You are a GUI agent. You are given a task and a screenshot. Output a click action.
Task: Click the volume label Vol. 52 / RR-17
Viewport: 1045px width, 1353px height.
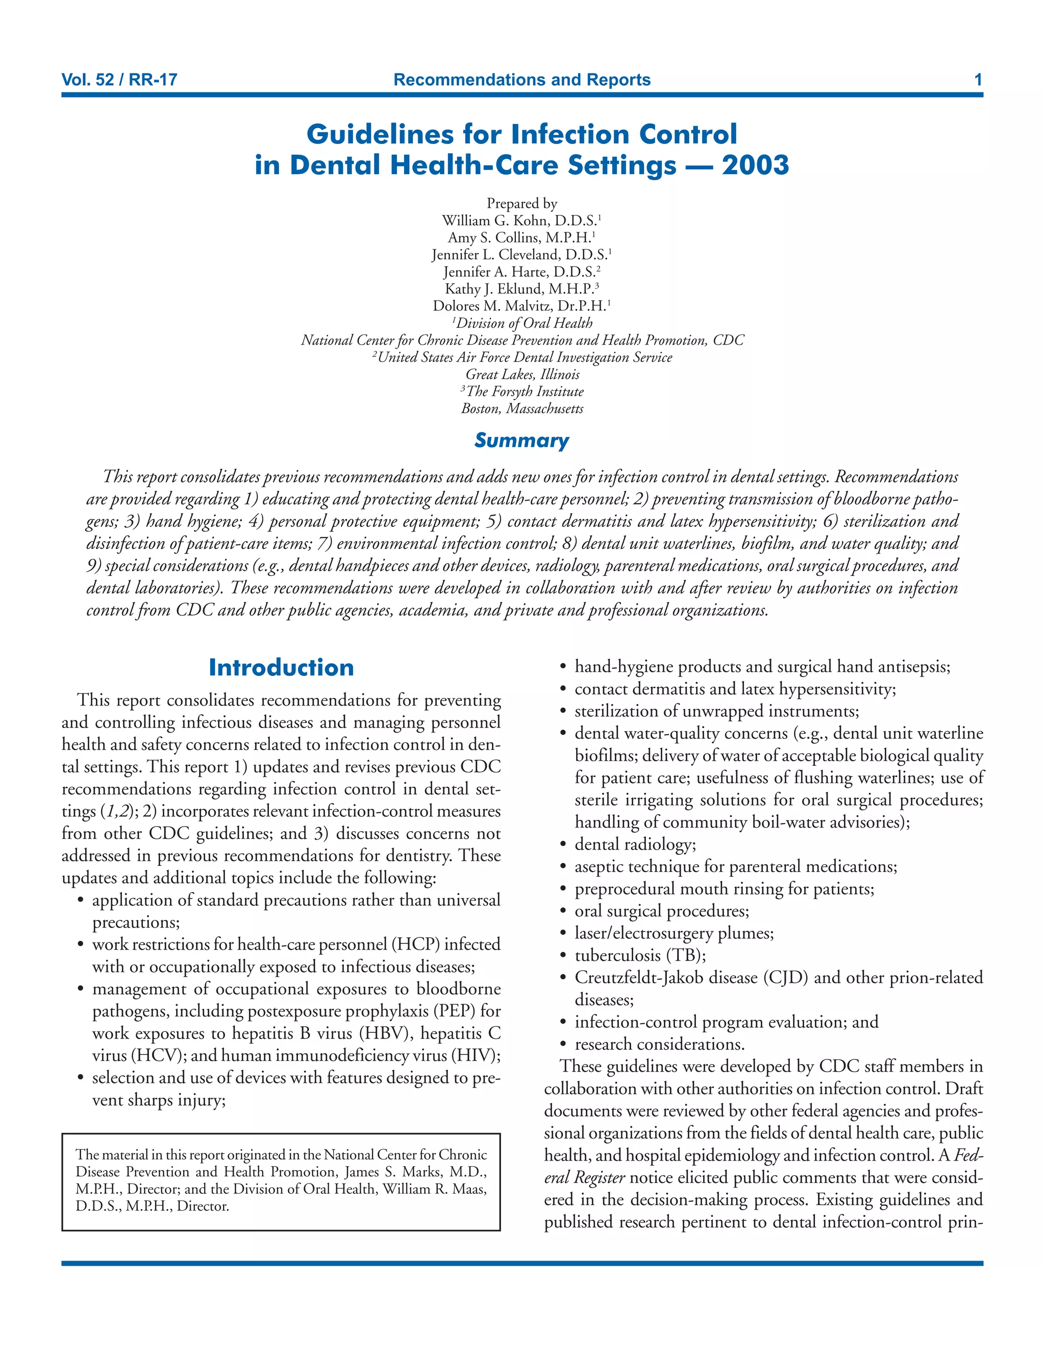119,80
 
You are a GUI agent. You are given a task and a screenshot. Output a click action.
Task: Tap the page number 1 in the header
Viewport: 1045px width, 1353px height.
978,80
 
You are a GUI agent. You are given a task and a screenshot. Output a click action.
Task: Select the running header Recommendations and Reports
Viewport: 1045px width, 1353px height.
522,80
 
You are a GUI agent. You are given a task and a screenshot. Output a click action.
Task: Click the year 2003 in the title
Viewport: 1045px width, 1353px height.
755,165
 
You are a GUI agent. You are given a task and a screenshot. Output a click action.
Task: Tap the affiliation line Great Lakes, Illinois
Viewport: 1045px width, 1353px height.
522,374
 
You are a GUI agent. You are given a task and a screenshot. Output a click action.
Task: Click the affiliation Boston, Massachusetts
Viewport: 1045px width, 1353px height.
522,408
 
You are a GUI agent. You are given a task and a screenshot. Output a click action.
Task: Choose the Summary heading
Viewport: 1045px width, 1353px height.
521,441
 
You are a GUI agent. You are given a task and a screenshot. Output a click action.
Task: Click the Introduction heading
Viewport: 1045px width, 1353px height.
281,668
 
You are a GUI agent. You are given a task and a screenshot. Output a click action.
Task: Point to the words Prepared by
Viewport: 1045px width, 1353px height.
522,203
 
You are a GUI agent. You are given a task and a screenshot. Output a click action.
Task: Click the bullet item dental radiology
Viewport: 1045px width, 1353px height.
635,844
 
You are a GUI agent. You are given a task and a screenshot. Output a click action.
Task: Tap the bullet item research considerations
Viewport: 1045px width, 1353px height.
659,1045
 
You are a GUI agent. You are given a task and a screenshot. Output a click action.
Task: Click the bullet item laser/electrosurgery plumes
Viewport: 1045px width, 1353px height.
674,933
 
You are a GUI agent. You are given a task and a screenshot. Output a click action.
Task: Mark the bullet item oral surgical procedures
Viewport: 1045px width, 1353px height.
662,911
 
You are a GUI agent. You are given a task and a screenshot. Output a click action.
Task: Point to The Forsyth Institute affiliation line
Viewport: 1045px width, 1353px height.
525,392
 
